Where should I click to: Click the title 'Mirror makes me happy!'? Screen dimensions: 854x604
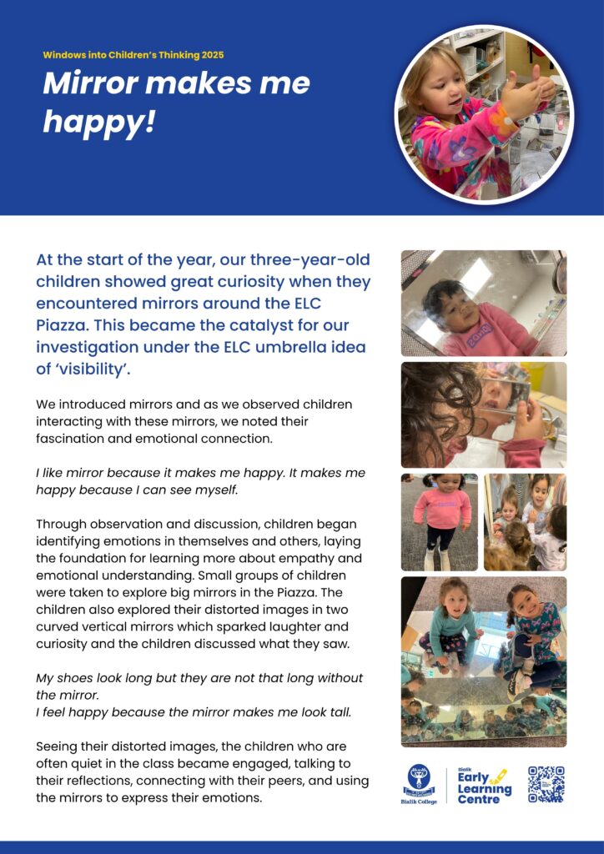[x=176, y=102]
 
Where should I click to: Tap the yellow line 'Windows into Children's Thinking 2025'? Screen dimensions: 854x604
[x=133, y=55]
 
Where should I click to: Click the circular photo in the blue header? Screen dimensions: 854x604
[x=484, y=115]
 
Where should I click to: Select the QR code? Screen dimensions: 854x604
[x=546, y=785]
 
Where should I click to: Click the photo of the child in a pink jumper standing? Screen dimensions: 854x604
[x=440, y=522]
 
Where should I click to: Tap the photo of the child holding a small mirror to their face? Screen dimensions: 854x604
[x=484, y=414]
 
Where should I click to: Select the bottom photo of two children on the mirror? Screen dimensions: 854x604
[x=484, y=661]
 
